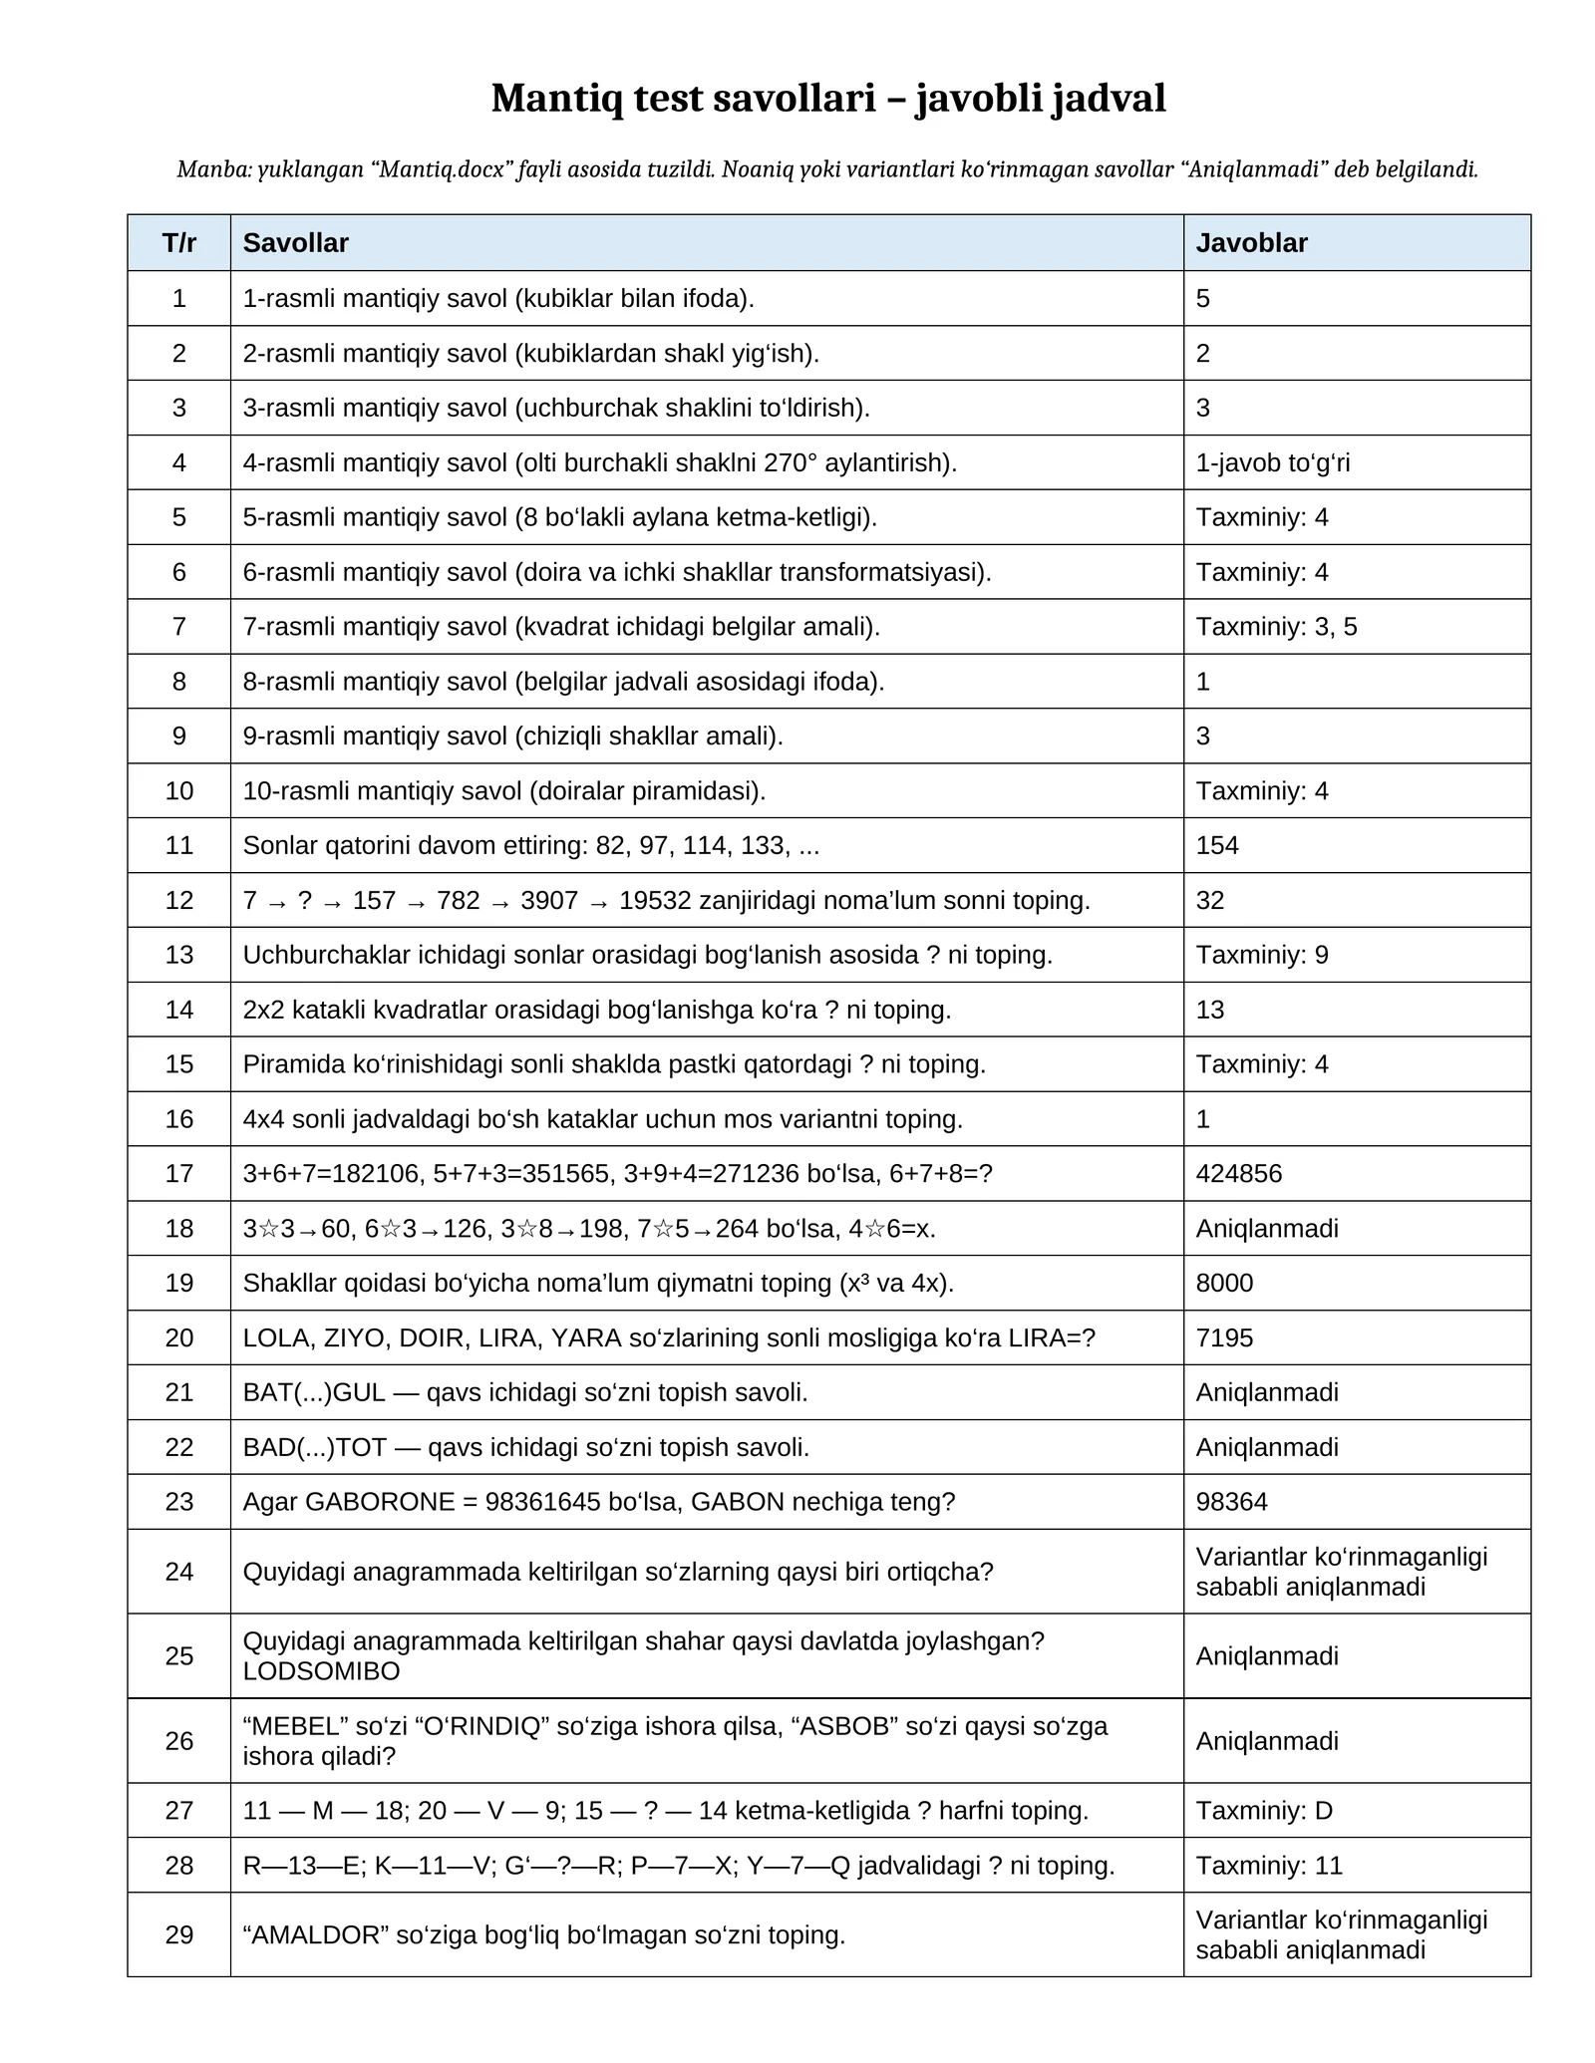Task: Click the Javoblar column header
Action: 1251,243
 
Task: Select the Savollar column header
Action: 295,243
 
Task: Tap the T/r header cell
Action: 179,243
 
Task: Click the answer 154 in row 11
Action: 1217,845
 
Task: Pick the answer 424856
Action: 1239,1173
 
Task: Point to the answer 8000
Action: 1224,1283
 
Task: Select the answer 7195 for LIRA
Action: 1224,1337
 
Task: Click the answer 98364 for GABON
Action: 1231,1501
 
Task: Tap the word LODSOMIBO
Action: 321,1671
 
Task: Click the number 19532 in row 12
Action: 655,900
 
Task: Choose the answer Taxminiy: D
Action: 1264,1810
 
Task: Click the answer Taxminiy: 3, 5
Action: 1276,626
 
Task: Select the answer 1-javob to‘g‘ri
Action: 1273,462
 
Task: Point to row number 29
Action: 179,1934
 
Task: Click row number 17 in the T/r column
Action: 179,1173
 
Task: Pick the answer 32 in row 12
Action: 1210,900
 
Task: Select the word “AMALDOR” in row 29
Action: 316,1934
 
